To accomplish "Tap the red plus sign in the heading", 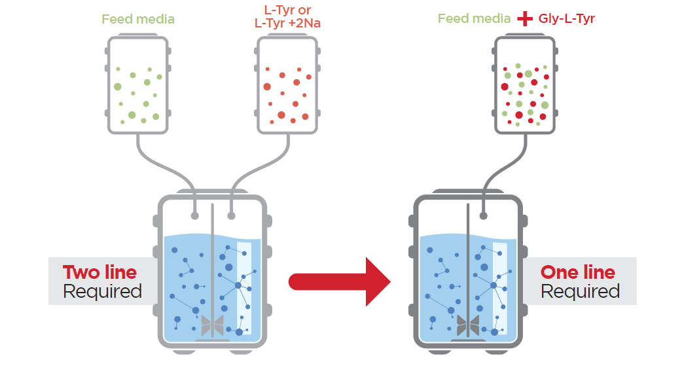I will (525, 19).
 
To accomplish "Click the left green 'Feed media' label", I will (138, 19).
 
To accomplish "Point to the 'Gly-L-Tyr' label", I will (567, 19).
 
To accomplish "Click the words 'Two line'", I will (99, 272).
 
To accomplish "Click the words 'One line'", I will (577, 272).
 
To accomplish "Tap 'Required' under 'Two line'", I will (102, 291).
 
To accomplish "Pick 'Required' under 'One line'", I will (580, 291).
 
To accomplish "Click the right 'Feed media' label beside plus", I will (474, 19).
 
